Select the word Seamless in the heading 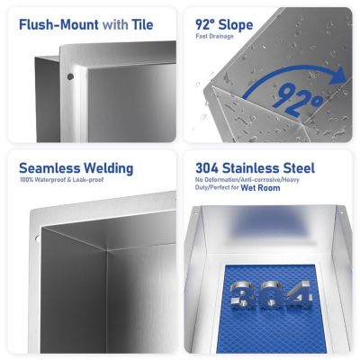point(50,168)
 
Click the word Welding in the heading point(109,168)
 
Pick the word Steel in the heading point(302,168)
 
